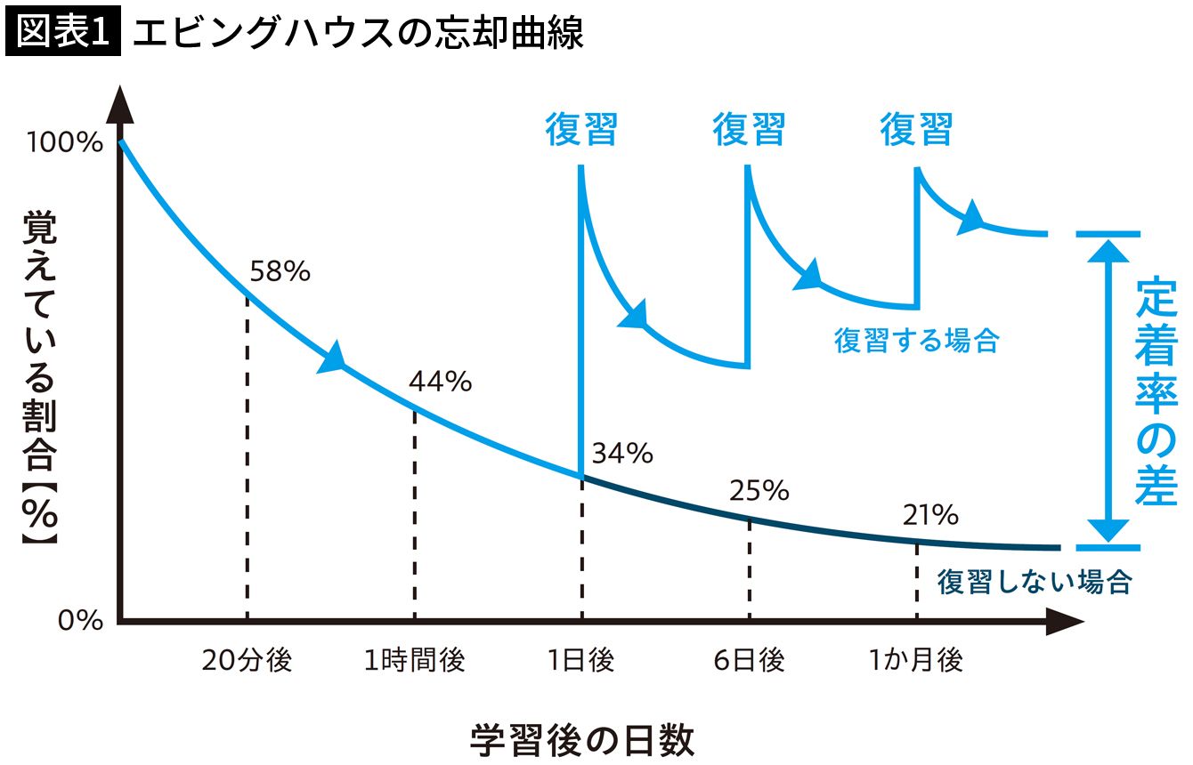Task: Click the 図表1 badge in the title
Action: (x=63, y=31)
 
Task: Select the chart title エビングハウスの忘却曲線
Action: (x=358, y=33)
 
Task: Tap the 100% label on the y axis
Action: (x=65, y=142)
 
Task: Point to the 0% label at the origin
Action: (x=80, y=620)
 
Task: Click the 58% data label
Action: (x=280, y=271)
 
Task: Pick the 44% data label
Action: (x=441, y=382)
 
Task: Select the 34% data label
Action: (x=622, y=454)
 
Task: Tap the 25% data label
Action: (x=759, y=490)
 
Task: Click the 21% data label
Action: (x=930, y=515)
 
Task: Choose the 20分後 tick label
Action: (x=248, y=660)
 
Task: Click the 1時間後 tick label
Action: (x=414, y=660)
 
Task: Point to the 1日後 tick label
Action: (x=581, y=660)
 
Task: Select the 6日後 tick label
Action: (x=749, y=660)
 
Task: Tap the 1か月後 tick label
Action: (x=916, y=660)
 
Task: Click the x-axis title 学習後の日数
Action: (x=582, y=739)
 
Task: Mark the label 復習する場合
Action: (x=917, y=341)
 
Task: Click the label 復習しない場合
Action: (x=1035, y=582)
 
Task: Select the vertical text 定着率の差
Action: (x=1156, y=391)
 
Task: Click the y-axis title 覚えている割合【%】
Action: (x=40, y=378)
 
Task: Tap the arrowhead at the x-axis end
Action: (x=1065, y=621)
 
